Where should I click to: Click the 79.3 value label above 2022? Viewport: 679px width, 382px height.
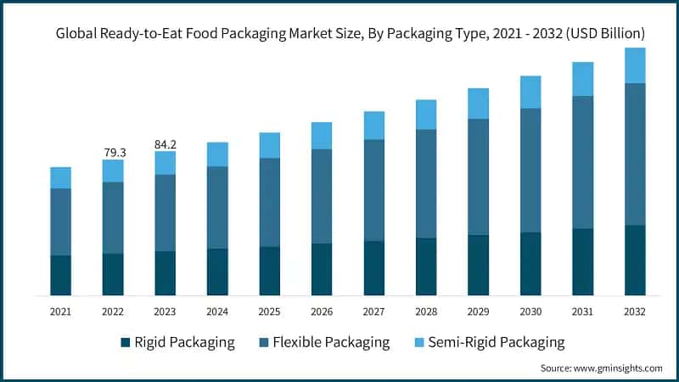point(113,152)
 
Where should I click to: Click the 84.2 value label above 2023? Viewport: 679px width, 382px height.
point(166,143)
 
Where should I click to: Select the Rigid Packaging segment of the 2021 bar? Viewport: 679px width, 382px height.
point(60,275)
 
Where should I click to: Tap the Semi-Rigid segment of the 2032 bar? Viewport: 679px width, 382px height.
point(635,65)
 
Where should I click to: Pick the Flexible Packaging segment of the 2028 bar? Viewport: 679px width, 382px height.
point(426,183)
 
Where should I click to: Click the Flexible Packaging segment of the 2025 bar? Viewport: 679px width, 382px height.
point(269,202)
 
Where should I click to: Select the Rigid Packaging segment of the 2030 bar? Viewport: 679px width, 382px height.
point(530,263)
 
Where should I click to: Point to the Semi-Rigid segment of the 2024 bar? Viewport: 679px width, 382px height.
point(217,154)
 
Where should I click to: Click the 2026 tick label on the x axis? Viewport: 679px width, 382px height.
point(322,312)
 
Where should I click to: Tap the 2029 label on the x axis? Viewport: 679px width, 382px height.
point(479,312)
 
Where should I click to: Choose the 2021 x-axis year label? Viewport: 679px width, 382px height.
point(60,312)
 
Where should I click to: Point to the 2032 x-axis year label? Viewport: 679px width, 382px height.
point(635,312)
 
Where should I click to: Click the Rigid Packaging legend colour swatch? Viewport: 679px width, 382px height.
point(126,343)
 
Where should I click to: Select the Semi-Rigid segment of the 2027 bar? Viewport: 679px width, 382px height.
point(374,126)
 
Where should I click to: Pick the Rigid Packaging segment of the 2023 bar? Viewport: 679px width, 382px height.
point(166,273)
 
